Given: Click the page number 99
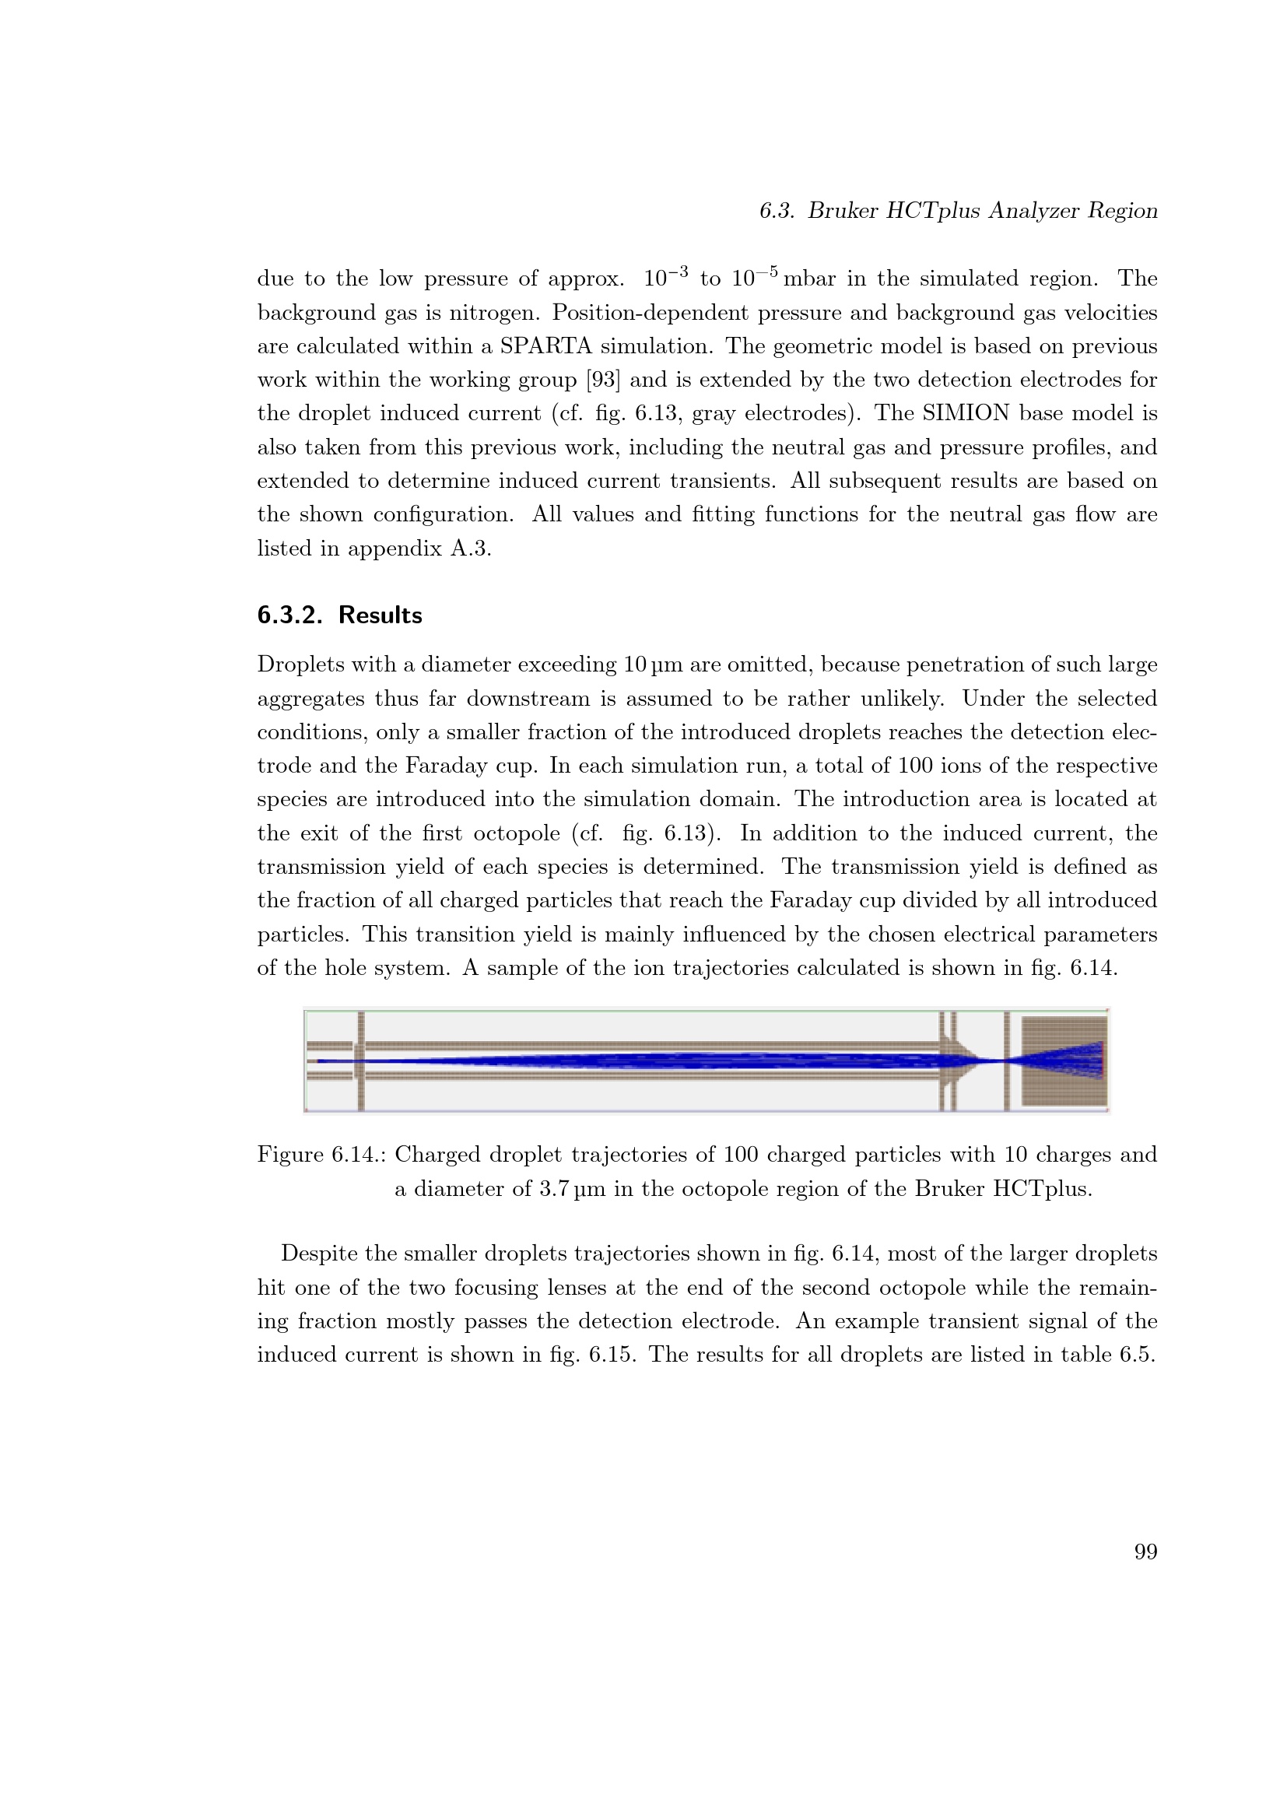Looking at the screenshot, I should click(x=1145, y=1552).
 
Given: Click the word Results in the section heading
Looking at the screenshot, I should click(x=380, y=615).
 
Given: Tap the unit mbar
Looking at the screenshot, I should click(x=809, y=279).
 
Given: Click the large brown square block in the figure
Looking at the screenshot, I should click(x=1064, y=1061).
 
